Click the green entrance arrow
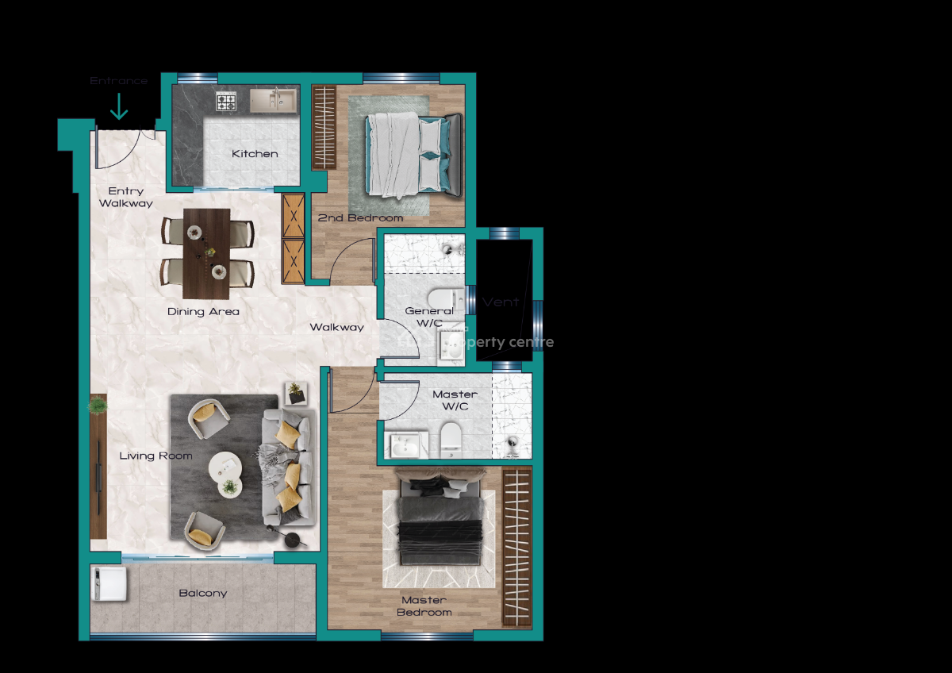click(119, 106)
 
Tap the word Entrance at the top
click(118, 81)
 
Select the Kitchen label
click(255, 154)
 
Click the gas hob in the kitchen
click(227, 101)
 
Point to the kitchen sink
click(272, 100)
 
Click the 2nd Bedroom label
click(360, 217)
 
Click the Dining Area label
click(203, 312)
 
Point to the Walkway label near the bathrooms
click(336, 327)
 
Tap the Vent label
click(500, 302)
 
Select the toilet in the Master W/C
click(450, 439)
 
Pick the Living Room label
click(155, 456)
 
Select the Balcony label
click(202, 594)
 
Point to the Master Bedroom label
click(424, 606)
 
